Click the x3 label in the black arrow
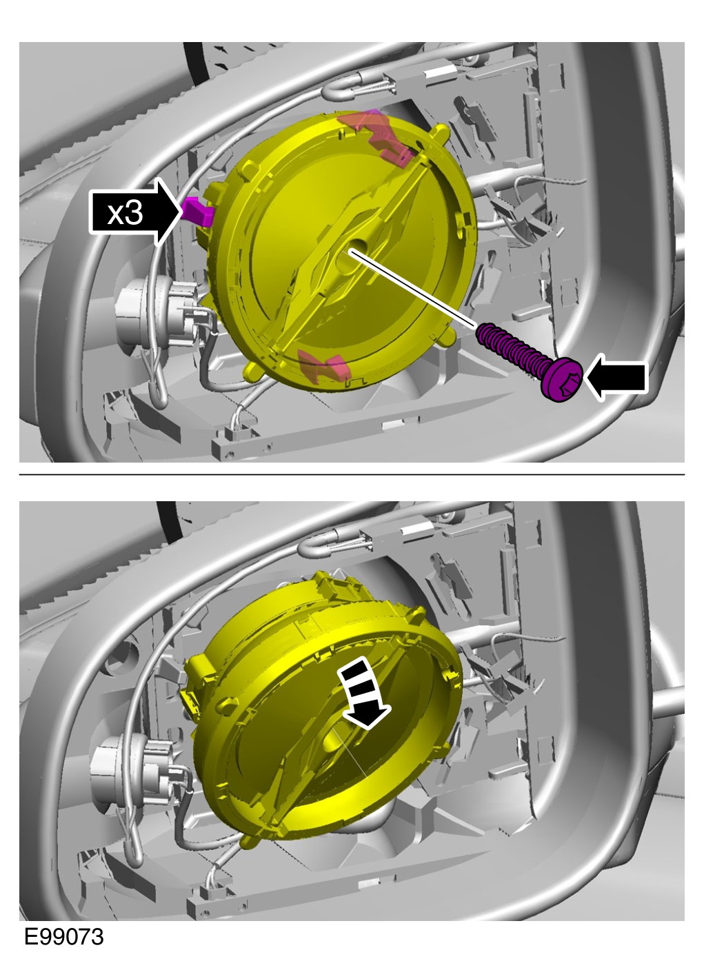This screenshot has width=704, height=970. pyautogui.click(x=125, y=213)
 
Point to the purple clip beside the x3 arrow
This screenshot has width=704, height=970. pyautogui.click(x=198, y=211)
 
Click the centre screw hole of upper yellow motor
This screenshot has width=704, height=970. pyautogui.click(x=351, y=256)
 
